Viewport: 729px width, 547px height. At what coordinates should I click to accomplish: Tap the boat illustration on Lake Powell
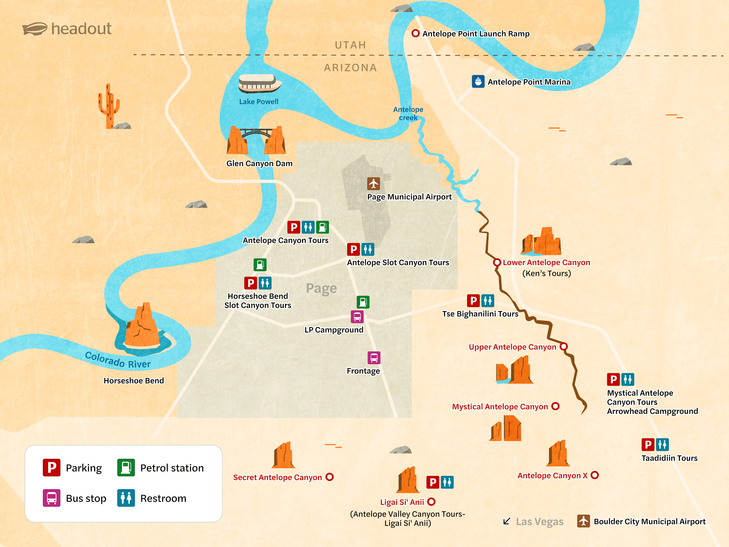(260, 83)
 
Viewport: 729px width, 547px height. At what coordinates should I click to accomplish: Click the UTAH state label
(350, 45)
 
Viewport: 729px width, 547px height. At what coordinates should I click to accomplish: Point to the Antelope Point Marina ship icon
(478, 81)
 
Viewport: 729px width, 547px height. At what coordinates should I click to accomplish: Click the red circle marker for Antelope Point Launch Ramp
(416, 33)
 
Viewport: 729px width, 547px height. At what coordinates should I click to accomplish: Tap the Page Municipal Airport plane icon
(373, 183)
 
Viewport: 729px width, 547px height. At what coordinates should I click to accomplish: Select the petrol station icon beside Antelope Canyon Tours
(322, 227)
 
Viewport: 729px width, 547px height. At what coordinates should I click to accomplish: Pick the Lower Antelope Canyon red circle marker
(497, 263)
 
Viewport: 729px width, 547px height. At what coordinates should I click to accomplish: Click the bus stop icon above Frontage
(374, 357)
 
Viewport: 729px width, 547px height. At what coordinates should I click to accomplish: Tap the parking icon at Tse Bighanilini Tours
(473, 300)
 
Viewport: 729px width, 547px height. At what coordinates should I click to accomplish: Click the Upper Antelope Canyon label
(512, 347)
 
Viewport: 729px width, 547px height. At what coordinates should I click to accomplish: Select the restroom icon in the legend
(126, 498)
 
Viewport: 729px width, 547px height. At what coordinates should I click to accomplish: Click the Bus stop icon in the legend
(51, 498)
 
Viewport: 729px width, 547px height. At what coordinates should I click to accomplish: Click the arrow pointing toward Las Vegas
(507, 521)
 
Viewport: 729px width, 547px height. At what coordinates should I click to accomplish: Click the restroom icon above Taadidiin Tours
(662, 444)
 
